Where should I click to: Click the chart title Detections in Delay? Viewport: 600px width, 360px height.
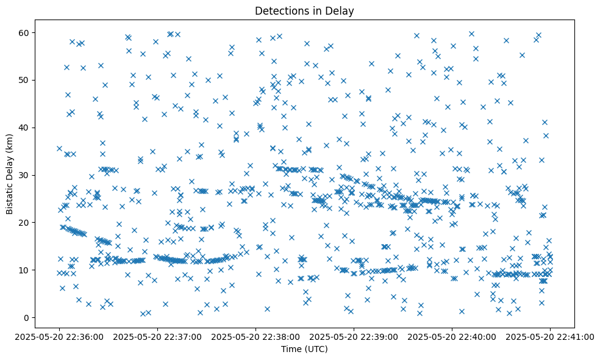coord(304,11)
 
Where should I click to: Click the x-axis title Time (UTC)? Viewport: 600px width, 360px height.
coord(304,350)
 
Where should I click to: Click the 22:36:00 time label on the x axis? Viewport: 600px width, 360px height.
coord(59,336)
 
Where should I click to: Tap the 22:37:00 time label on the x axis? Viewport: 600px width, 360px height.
coord(157,336)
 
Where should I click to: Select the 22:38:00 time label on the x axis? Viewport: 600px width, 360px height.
coord(255,336)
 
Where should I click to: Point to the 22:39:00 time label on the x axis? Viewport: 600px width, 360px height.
coord(354,336)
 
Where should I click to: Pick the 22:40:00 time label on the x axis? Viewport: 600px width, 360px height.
coord(452,336)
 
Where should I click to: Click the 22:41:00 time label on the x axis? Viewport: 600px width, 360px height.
coord(550,336)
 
